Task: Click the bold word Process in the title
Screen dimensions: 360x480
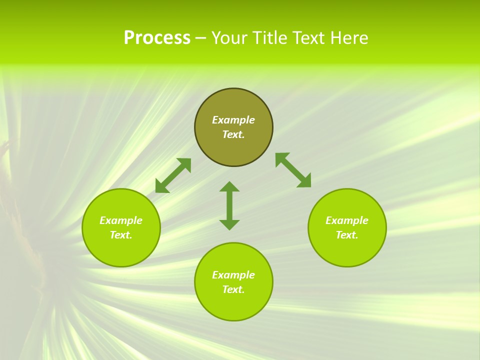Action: click(x=157, y=38)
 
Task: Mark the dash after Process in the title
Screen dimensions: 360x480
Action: click(x=200, y=39)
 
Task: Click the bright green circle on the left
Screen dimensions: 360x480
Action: click(x=121, y=227)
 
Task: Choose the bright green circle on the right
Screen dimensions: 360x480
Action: click(x=347, y=227)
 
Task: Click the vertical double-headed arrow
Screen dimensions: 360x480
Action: click(x=229, y=205)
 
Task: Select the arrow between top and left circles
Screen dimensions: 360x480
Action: click(x=173, y=175)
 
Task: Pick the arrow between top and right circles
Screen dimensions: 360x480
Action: click(x=293, y=170)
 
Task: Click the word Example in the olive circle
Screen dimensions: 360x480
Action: click(x=233, y=120)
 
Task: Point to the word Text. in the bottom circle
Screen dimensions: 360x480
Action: click(x=233, y=289)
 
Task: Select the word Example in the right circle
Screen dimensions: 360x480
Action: click(x=347, y=220)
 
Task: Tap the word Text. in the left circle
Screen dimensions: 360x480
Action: click(x=121, y=235)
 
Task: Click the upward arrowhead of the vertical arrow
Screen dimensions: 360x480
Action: click(x=229, y=186)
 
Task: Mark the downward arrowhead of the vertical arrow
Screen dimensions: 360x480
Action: click(x=229, y=224)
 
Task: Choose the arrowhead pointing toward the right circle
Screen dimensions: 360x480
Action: click(x=304, y=181)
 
